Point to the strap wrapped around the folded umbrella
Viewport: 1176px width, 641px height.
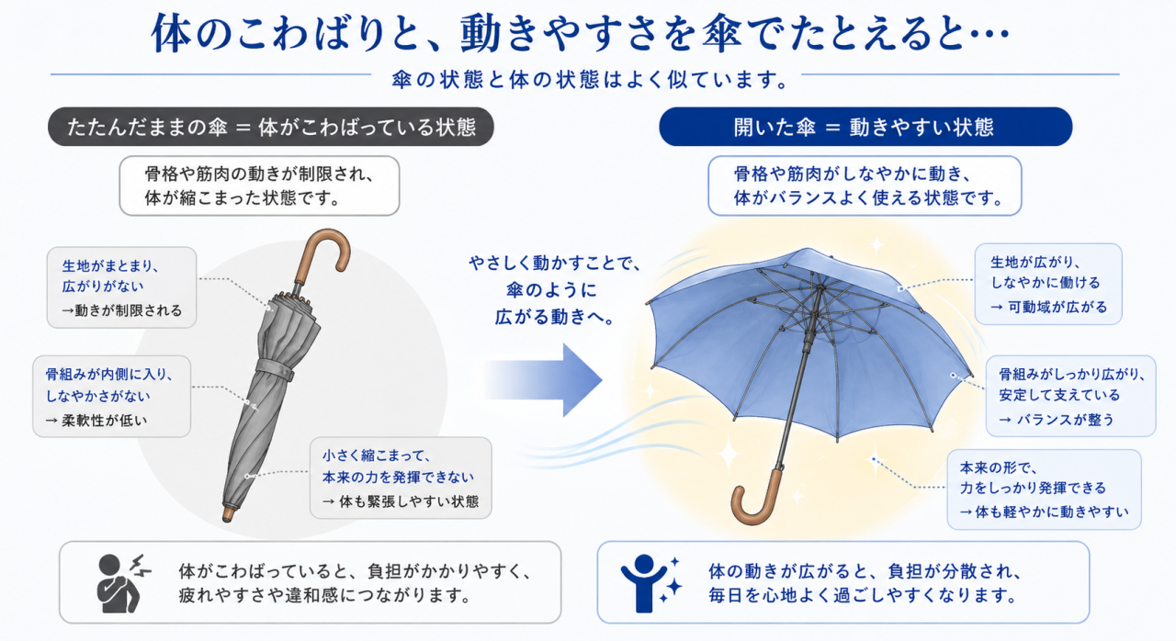click(275, 369)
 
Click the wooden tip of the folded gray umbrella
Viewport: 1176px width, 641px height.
click(228, 514)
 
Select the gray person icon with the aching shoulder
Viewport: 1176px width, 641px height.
click(119, 583)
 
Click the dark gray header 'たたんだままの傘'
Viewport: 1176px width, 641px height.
click(271, 127)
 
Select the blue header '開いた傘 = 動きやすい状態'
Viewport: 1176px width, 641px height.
click(865, 127)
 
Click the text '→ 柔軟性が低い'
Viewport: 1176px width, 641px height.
click(96, 421)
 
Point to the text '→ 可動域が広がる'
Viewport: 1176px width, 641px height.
click(1048, 307)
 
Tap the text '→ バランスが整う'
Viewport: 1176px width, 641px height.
click(1057, 420)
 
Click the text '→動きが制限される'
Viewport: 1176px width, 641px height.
click(122, 310)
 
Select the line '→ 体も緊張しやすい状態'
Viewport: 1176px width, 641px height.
click(401, 502)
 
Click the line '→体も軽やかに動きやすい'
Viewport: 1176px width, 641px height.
click(1045, 512)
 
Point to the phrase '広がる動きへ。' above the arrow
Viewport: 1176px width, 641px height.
click(555, 317)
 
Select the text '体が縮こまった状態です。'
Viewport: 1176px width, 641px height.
click(242, 198)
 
